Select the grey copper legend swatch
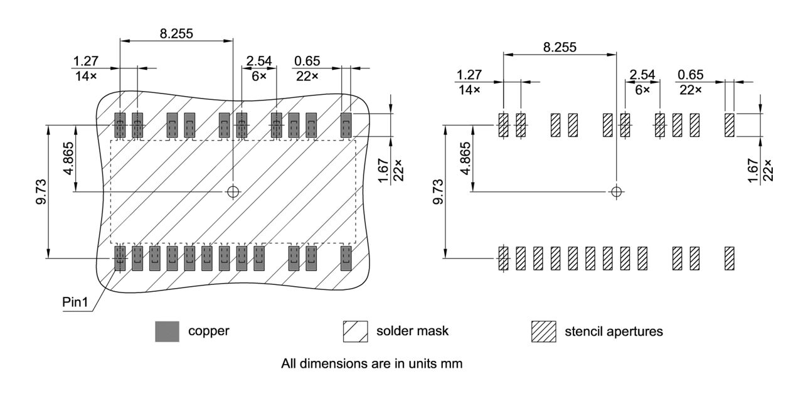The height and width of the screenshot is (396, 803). [167, 331]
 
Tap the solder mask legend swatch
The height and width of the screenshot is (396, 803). [354, 331]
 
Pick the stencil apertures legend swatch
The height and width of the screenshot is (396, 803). [543, 331]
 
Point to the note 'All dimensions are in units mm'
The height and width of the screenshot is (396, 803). [371, 363]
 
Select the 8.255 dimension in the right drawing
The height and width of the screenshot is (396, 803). [560, 47]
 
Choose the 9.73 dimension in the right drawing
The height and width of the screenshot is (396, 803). [438, 191]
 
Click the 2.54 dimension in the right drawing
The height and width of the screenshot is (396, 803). [642, 75]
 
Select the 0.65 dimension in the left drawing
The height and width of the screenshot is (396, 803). [306, 61]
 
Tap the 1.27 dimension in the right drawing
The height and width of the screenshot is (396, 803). [469, 75]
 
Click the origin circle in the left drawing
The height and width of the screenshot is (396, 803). [233, 191]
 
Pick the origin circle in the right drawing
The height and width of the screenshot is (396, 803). [617, 191]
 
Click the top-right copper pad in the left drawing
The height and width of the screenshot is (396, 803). [346, 125]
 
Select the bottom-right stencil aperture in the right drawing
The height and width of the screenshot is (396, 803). [729, 258]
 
